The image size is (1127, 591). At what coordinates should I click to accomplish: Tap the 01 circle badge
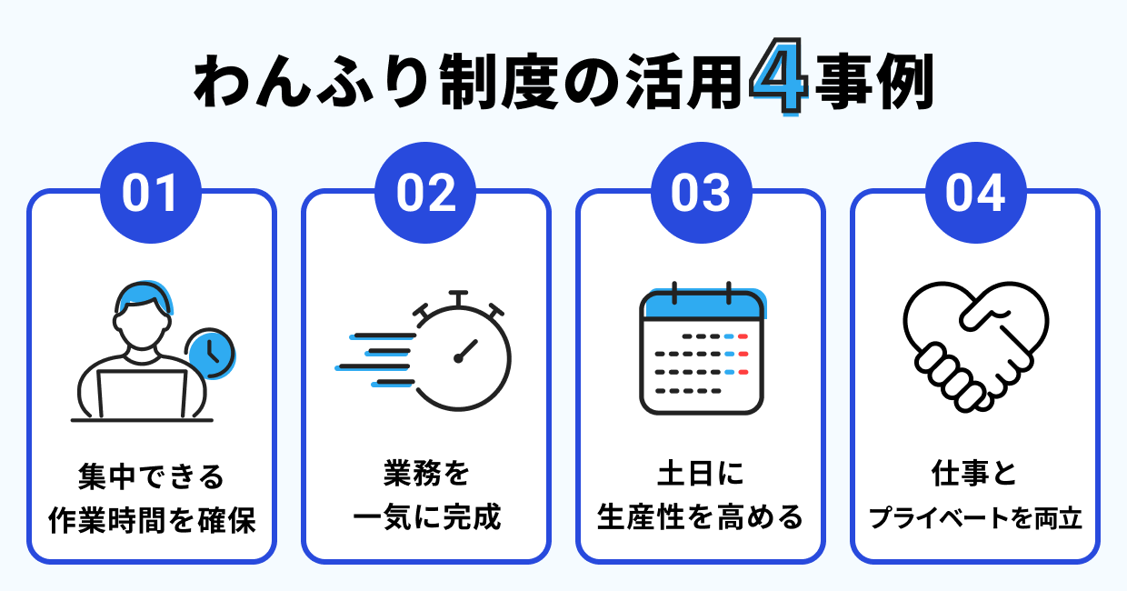tap(150, 193)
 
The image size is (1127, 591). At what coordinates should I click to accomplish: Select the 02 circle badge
tap(425, 193)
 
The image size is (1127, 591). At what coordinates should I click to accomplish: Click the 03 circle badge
tap(700, 193)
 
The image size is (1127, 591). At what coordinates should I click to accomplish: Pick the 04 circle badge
tap(975, 193)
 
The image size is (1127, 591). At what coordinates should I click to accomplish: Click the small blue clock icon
tap(209, 353)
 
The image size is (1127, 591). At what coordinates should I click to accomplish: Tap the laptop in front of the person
tap(142, 395)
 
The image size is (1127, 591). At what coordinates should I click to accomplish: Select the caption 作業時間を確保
tap(150, 520)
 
